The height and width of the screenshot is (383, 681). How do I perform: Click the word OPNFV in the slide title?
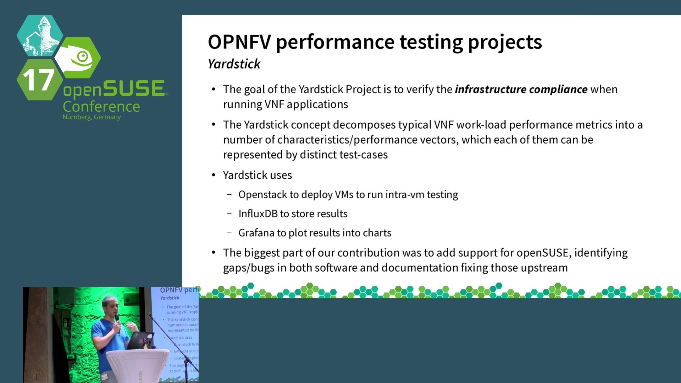(x=239, y=42)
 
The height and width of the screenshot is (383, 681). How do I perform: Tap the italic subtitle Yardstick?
(x=234, y=64)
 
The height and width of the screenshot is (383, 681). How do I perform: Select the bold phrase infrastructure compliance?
(x=521, y=89)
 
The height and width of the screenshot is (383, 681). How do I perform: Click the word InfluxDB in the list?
(x=258, y=213)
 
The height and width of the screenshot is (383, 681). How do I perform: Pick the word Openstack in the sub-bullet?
(x=263, y=195)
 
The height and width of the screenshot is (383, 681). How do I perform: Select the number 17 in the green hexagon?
(x=38, y=80)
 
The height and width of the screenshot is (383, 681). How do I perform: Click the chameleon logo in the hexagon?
(x=79, y=58)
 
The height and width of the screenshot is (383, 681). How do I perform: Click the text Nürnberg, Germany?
(x=92, y=117)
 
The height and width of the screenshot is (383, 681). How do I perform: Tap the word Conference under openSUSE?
(x=101, y=107)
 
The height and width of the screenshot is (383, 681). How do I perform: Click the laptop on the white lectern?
(x=141, y=340)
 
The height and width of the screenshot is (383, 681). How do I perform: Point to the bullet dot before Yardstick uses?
(x=214, y=175)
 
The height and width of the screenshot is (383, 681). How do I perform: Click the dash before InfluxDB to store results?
(x=229, y=213)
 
